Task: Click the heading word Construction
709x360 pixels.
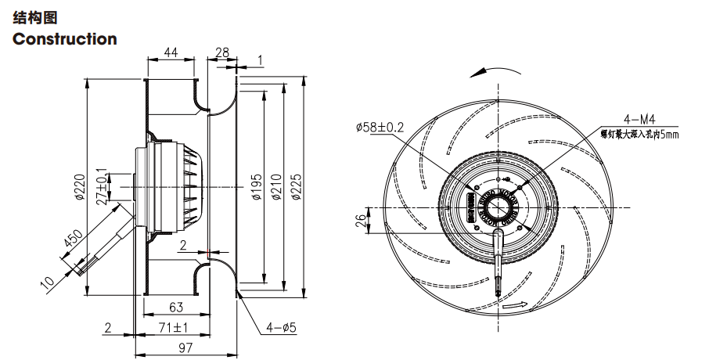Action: coord(65,39)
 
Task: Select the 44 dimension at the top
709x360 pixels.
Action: coord(170,52)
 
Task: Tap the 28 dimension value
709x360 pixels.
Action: coord(221,52)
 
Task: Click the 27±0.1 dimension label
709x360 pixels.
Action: coord(100,185)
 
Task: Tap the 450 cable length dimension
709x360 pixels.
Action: coord(73,240)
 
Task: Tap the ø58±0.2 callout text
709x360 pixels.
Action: coord(380,127)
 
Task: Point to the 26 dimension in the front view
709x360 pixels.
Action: coord(359,220)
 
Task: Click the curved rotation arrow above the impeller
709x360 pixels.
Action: coord(493,71)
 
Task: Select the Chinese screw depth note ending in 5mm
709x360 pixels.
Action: coord(639,134)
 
